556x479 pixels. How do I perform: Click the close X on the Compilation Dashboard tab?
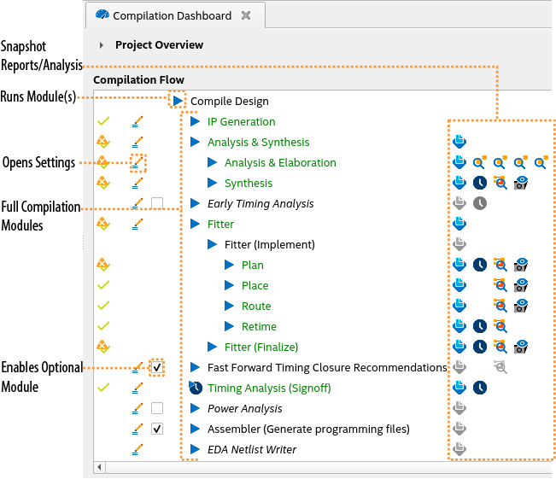point(246,15)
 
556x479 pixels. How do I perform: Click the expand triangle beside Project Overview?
point(102,45)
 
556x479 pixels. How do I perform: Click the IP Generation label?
point(241,122)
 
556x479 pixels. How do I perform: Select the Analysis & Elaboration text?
point(280,163)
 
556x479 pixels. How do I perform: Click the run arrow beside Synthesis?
point(213,184)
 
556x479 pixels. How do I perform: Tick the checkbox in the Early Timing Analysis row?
point(157,203)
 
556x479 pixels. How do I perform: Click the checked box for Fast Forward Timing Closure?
point(157,367)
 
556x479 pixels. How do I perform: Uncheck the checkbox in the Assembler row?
point(157,429)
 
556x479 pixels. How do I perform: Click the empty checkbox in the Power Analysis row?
point(157,408)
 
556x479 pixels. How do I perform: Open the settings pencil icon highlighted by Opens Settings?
point(138,162)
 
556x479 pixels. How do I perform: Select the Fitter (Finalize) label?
point(261,347)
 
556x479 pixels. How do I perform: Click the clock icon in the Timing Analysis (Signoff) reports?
point(480,388)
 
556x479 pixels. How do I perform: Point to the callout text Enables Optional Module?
point(42,377)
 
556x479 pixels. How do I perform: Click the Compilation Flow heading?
point(138,80)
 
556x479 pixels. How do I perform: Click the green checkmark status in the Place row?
point(103,285)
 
